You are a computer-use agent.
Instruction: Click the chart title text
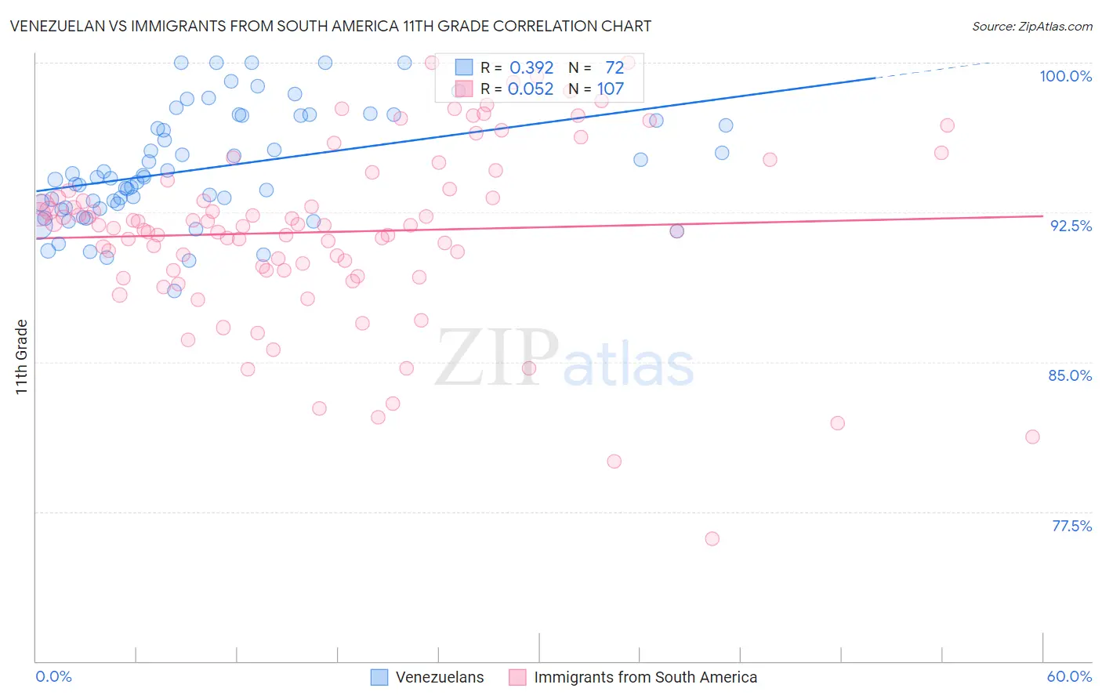pos(330,26)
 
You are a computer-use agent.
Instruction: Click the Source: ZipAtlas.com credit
pos(1031,27)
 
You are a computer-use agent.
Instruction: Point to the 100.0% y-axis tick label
pos(1065,76)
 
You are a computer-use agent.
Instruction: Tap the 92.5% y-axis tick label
pos(1071,226)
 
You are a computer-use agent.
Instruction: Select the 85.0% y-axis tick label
pos(1070,375)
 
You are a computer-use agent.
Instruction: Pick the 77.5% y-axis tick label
pos(1071,526)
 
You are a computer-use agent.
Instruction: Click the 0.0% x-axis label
pos(53,676)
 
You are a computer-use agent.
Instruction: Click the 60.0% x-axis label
pos(1069,676)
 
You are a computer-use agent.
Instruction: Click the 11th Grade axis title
pos(22,357)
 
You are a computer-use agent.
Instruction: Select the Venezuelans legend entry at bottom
pos(439,677)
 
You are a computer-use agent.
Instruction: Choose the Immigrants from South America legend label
pos(645,677)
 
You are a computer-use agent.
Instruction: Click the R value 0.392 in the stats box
pos(531,68)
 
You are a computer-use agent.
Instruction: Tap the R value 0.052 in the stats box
pos(531,89)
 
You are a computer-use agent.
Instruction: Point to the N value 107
pos(610,89)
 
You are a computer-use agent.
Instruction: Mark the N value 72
pos(614,68)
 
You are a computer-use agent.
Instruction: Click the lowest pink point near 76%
pos(712,538)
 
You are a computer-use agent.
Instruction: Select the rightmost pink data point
pos(1032,436)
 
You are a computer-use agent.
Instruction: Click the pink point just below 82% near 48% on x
pos(837,423)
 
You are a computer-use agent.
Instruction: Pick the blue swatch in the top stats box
pos(464,67)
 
